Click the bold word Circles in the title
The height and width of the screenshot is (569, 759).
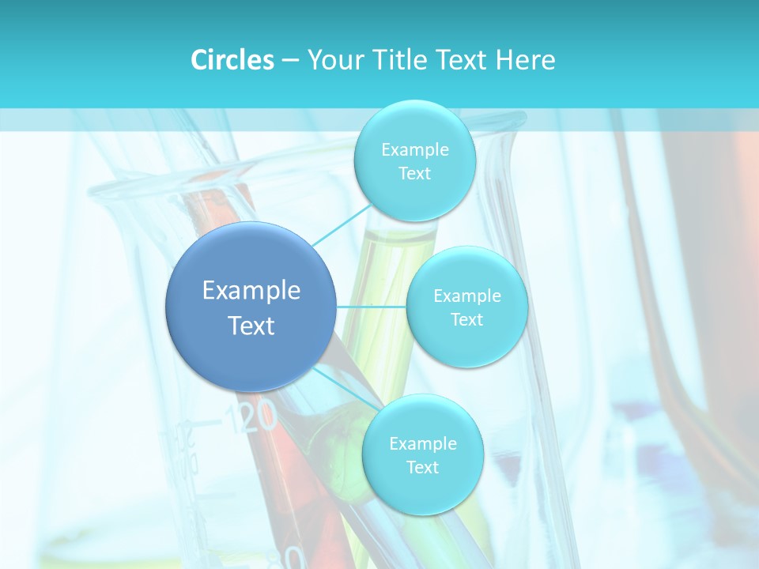232,60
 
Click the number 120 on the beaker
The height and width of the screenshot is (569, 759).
251,417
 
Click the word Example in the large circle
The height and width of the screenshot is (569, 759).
251,291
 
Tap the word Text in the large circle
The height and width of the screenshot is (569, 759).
251,326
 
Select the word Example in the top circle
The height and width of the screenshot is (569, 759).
414,150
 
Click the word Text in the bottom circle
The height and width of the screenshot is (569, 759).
422,468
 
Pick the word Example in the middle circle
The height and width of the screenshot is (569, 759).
466,296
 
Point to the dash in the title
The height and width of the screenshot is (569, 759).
289,60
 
